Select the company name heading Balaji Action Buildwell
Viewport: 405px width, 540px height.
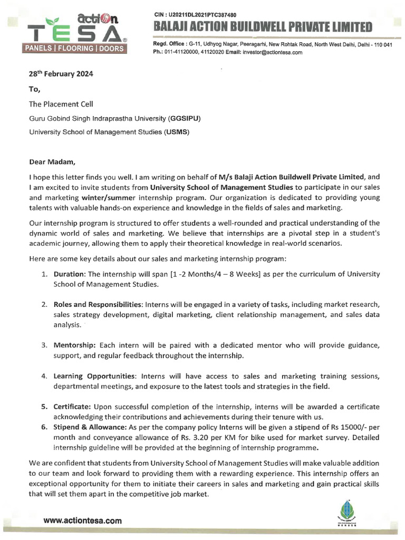[x=263, y=26]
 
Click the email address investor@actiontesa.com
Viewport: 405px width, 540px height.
[x=272, y=52]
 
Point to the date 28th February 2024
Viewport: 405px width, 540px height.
[x=54, y=74]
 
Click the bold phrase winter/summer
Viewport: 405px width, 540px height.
[x=106, y=196]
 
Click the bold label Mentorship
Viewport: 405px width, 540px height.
[x=74, y=345]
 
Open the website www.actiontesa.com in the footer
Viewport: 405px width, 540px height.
[x=82, y=520]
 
